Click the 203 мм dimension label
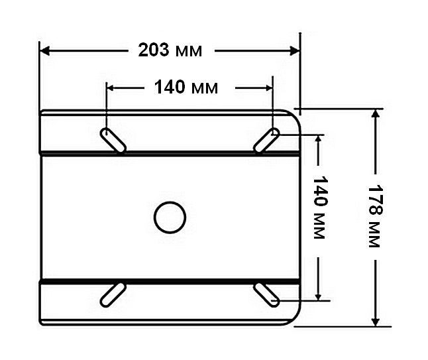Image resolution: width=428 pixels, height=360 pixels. [170, 50]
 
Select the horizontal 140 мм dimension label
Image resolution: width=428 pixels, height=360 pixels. [186, 88]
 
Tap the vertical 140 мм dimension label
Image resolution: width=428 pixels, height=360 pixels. [319, 208]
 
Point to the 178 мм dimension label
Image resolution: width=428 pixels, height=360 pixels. [376, 217]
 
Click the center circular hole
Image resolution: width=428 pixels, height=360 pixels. [170, 217]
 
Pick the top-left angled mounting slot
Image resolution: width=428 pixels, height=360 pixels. [113, 141]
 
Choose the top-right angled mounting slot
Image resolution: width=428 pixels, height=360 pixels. [266, 140]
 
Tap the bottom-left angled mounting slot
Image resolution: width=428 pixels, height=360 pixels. [113, 295]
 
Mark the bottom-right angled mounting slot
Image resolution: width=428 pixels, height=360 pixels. [266, 295]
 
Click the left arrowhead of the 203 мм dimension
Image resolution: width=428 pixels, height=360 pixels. [44, 51]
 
